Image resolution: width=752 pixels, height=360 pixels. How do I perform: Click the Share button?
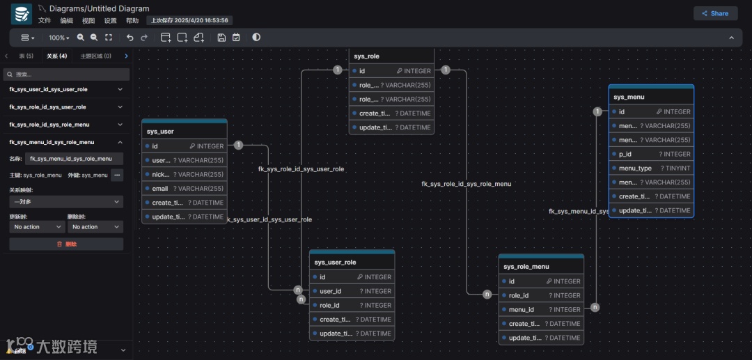715,13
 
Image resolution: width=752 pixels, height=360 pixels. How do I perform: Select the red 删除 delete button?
66,244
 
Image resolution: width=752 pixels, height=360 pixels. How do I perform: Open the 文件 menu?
45,21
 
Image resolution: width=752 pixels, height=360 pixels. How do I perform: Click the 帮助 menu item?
132,21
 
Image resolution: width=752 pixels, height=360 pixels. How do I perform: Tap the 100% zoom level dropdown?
58,38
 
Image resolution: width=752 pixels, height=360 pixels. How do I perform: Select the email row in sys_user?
184,189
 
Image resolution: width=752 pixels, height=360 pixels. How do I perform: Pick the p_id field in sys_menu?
651,154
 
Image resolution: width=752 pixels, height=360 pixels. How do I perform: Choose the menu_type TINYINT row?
651,168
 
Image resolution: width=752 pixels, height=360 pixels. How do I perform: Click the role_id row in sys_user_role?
352,305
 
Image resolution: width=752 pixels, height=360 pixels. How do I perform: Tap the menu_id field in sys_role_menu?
541,310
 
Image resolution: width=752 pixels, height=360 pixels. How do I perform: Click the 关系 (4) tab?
57,56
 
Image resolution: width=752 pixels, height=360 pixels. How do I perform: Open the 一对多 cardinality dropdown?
66,202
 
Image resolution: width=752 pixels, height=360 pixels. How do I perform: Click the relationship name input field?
74,159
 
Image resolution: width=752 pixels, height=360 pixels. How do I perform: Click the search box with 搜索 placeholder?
66,74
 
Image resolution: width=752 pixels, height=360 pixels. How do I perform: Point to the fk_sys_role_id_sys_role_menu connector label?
467,184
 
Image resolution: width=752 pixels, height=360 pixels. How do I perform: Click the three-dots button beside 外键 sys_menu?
117,175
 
